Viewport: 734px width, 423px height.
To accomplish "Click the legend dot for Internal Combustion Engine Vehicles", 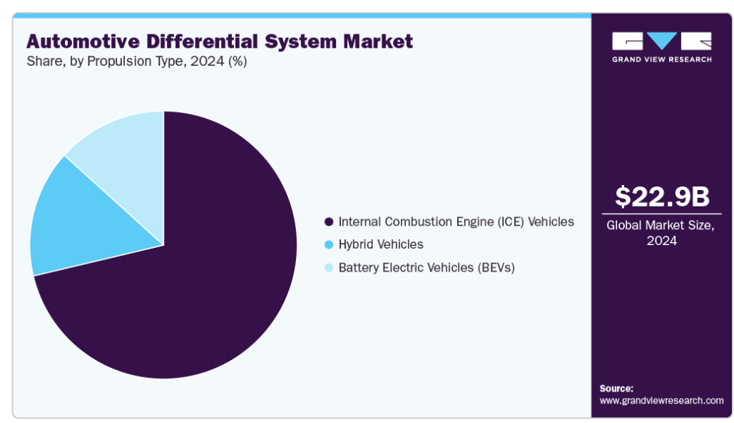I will pos(328,222).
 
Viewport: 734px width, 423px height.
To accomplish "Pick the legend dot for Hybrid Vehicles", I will pos(328,245).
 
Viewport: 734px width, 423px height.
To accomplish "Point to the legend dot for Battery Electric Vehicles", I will pos(328,268).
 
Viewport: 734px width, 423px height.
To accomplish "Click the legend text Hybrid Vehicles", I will pos(381,244).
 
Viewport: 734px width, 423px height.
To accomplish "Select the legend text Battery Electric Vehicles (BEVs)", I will pos(427,267).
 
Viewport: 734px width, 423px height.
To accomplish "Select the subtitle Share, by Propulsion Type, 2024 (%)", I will pos(137,61).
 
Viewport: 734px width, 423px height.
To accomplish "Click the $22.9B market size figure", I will pos(661,196).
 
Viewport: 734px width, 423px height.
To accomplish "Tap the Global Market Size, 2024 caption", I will pos(661,232).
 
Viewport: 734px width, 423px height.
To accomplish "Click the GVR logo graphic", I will pos(661,41).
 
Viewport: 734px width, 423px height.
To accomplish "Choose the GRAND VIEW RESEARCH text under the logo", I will pos(661,59).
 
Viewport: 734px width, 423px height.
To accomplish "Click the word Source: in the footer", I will pos(616,388).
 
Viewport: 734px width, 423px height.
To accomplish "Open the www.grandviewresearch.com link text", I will pos(661,401).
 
